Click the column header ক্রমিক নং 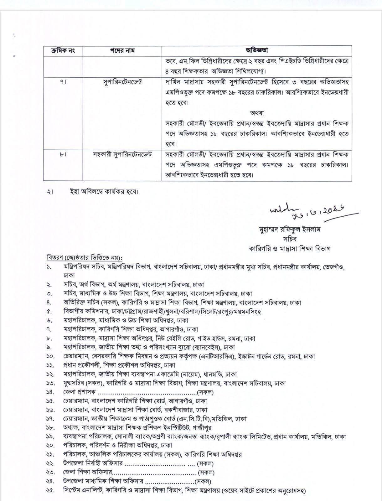coord(63,51)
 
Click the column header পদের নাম coord(122,51)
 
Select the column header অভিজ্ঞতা coord(256,50)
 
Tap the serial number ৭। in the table coord(63,82)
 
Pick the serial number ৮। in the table coord(63,154)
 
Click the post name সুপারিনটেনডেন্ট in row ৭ coord(122,82)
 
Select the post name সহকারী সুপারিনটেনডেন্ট coord(122,154)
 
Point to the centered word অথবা coord(257,113)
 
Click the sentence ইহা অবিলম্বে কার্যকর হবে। coord(104,192)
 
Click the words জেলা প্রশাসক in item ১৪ coord(79,392)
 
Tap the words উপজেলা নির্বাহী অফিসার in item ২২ coord(92,463)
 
